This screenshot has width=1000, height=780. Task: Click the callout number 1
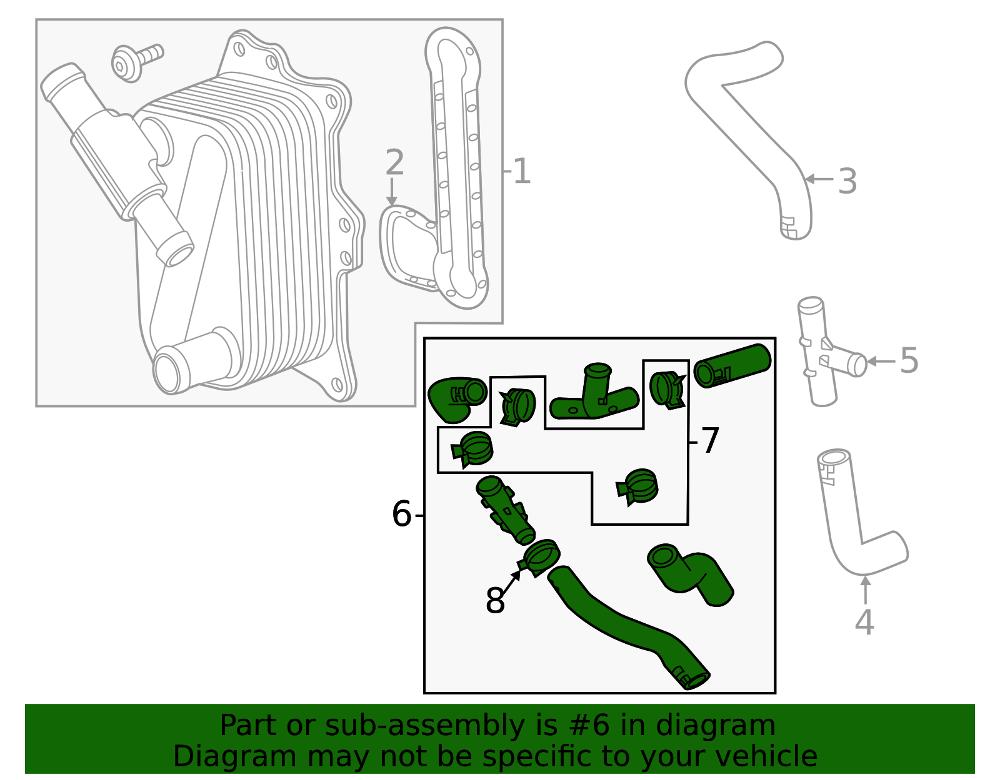[521, 172]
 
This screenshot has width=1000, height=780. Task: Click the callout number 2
[394, 163]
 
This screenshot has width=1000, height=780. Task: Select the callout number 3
[847, 181]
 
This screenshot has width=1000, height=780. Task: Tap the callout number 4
[864, 622]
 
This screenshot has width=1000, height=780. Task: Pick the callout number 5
[909, 361]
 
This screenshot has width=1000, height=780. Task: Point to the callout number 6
[401, 515]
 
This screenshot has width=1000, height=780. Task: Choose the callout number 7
[710, 441]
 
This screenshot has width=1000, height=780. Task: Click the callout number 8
[494, 601]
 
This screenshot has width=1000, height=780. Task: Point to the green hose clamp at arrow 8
[541, 556]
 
